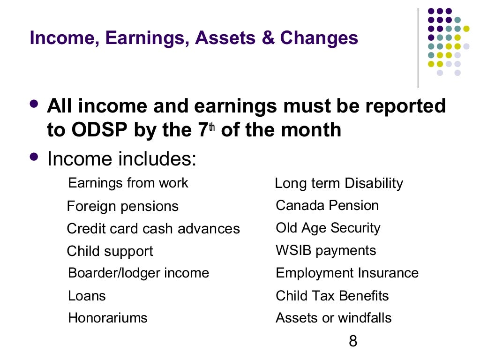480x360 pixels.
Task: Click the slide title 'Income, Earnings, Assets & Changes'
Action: [194, 38]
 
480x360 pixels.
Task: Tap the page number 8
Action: [353, 341]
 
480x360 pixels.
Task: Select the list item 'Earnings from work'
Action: [128, 183]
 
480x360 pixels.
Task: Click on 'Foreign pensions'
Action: [122, 206]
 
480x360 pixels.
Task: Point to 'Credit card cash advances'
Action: [153, 229]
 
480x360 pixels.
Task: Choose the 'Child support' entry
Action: [110, 251]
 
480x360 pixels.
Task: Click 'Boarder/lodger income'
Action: [138, 273]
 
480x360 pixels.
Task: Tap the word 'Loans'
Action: [87, 296]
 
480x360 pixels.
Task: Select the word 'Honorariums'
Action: [107, 318]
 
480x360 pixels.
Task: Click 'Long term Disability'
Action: [338, 183]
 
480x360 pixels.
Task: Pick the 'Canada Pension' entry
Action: [327, 205]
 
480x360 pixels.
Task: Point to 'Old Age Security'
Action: [328, 228]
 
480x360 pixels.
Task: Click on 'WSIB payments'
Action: [325, 250]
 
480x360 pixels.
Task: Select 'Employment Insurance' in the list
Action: [347, 273]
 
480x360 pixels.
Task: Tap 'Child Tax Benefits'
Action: [332, 296]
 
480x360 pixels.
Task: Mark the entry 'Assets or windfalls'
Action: [333, 318]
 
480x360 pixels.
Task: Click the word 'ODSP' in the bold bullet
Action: [99, 130]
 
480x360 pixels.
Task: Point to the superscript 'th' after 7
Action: [211, 125]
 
